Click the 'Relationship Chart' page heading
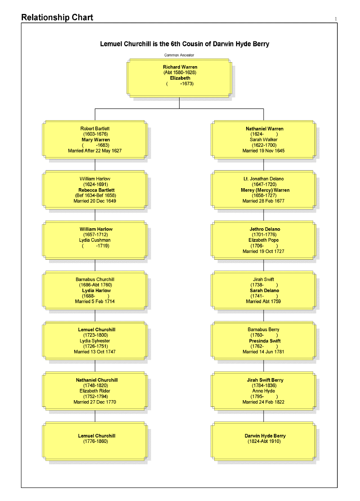(57, 18)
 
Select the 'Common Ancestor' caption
(179, 55)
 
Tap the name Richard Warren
(180, 67)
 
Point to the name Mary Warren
(96, 140)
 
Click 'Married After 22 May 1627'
(95, 151)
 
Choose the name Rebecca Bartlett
(96, 190)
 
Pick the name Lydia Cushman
(95, 240)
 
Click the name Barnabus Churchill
(95, 279)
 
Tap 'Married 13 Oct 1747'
(95, 352)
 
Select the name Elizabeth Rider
(95, 391)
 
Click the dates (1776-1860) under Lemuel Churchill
(95, 441)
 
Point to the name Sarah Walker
(264, 140)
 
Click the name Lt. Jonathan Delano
(264, 179)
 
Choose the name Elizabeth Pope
(264, 240)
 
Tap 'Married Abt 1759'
(264, 301)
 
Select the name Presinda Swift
(265, 341)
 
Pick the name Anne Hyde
(264, 391)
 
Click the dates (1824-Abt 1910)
(264, 441)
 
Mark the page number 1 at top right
(336, 19)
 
